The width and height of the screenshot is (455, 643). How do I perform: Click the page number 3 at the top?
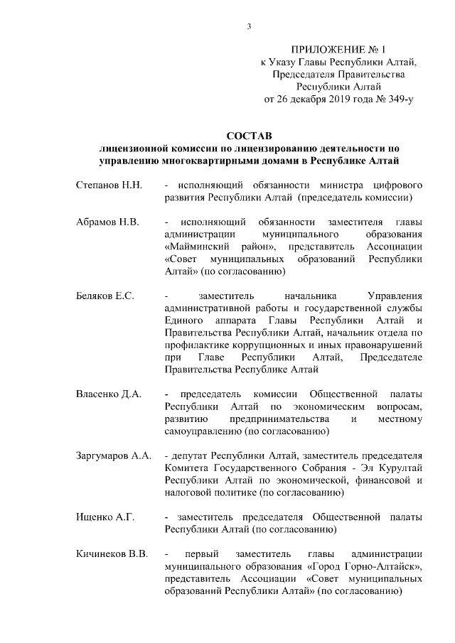[x=249, y=28]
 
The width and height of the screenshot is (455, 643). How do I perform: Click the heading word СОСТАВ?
[x=249, y=135]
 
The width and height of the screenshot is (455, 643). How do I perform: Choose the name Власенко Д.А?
[x=109, y=394]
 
